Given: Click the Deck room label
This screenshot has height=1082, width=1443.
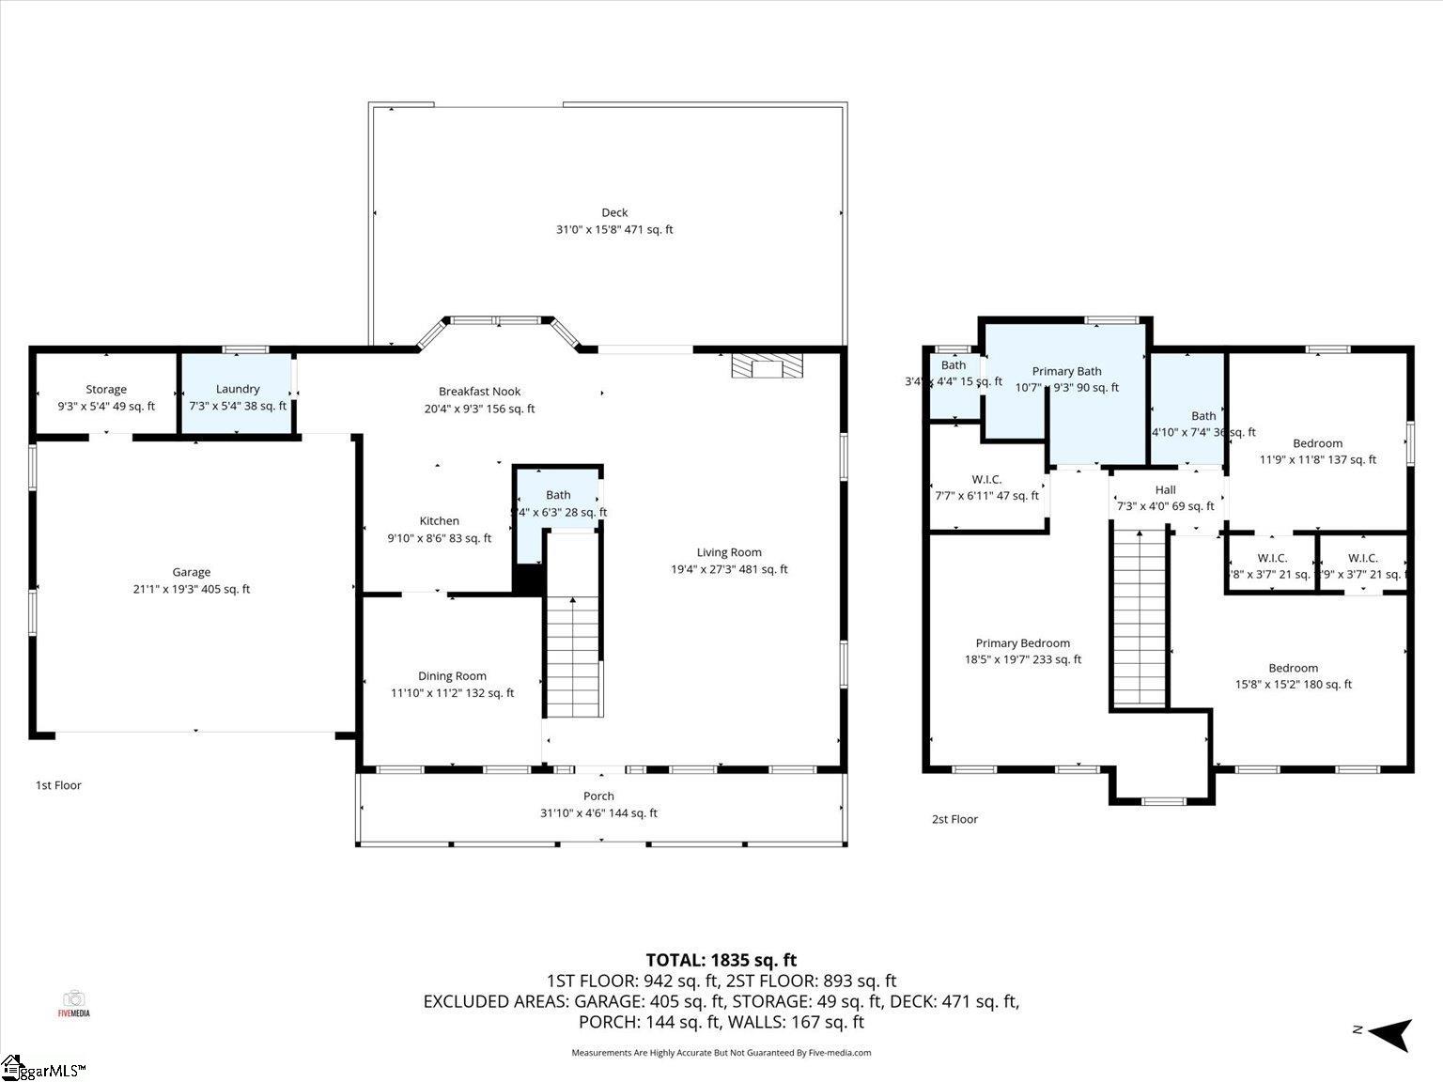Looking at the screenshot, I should pyautogui.click(x=614, y=212).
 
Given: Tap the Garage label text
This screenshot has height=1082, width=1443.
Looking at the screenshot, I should pyautogui.click(x=191, y=572).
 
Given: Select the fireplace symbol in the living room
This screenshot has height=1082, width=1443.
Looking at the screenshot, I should pyautogui.click(x=768, y=365).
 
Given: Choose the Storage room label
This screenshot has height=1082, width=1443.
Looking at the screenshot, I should pyautogui.click(x=106, y=389).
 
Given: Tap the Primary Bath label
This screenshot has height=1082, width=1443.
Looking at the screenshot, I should pyautogui.click(x=1066, y=371).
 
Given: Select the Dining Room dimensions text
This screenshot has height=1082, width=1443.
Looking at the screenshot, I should pyautogui.click(x=452, y=693).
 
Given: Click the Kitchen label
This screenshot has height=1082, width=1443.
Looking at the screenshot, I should pyautogui.click(x=439, y=521).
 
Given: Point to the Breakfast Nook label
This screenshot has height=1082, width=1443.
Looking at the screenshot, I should pyautogui.click(x=479, y=392).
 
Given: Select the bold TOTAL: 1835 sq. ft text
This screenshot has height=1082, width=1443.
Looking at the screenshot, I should pyautogui.click(x=721, y=960).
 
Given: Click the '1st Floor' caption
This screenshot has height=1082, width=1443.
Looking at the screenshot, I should pyautogui.click(x=58, y=785).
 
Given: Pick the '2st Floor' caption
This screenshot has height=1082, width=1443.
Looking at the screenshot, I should pyautogui.click(x=954, y=819).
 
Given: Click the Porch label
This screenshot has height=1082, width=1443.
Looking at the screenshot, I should pyautogui.click(x=598, y=796).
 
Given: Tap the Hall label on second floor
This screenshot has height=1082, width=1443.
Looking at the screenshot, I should pyautogui.click(x=1165, y=489).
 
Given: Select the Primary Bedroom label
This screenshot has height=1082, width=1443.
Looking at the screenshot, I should pyautogui.click(x=1022, y=643).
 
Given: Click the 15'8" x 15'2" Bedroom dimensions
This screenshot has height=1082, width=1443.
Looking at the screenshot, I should pyautogui.click(x=1293, y=685).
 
